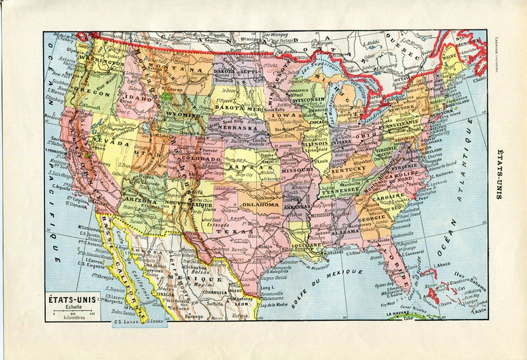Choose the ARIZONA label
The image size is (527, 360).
pos(139,200)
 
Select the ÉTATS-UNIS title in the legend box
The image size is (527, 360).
pos(72,298)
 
